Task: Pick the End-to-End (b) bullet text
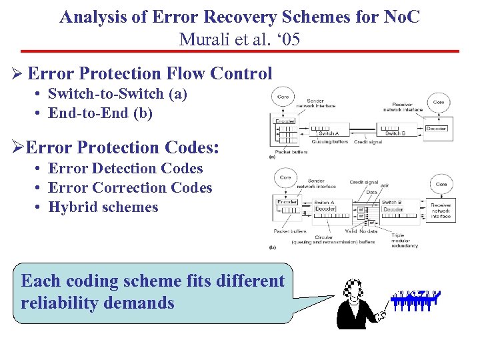pos(101,113)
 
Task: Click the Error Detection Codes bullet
pos(125,169)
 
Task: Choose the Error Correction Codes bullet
pos(130,188)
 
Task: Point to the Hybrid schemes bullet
pos(103,207)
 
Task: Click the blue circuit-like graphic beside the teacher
pos(415,301)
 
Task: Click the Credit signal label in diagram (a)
pos(368,142)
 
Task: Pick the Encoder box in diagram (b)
pos(287,202)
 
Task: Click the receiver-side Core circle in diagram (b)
pos(441,184)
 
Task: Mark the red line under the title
pos(240,51)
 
